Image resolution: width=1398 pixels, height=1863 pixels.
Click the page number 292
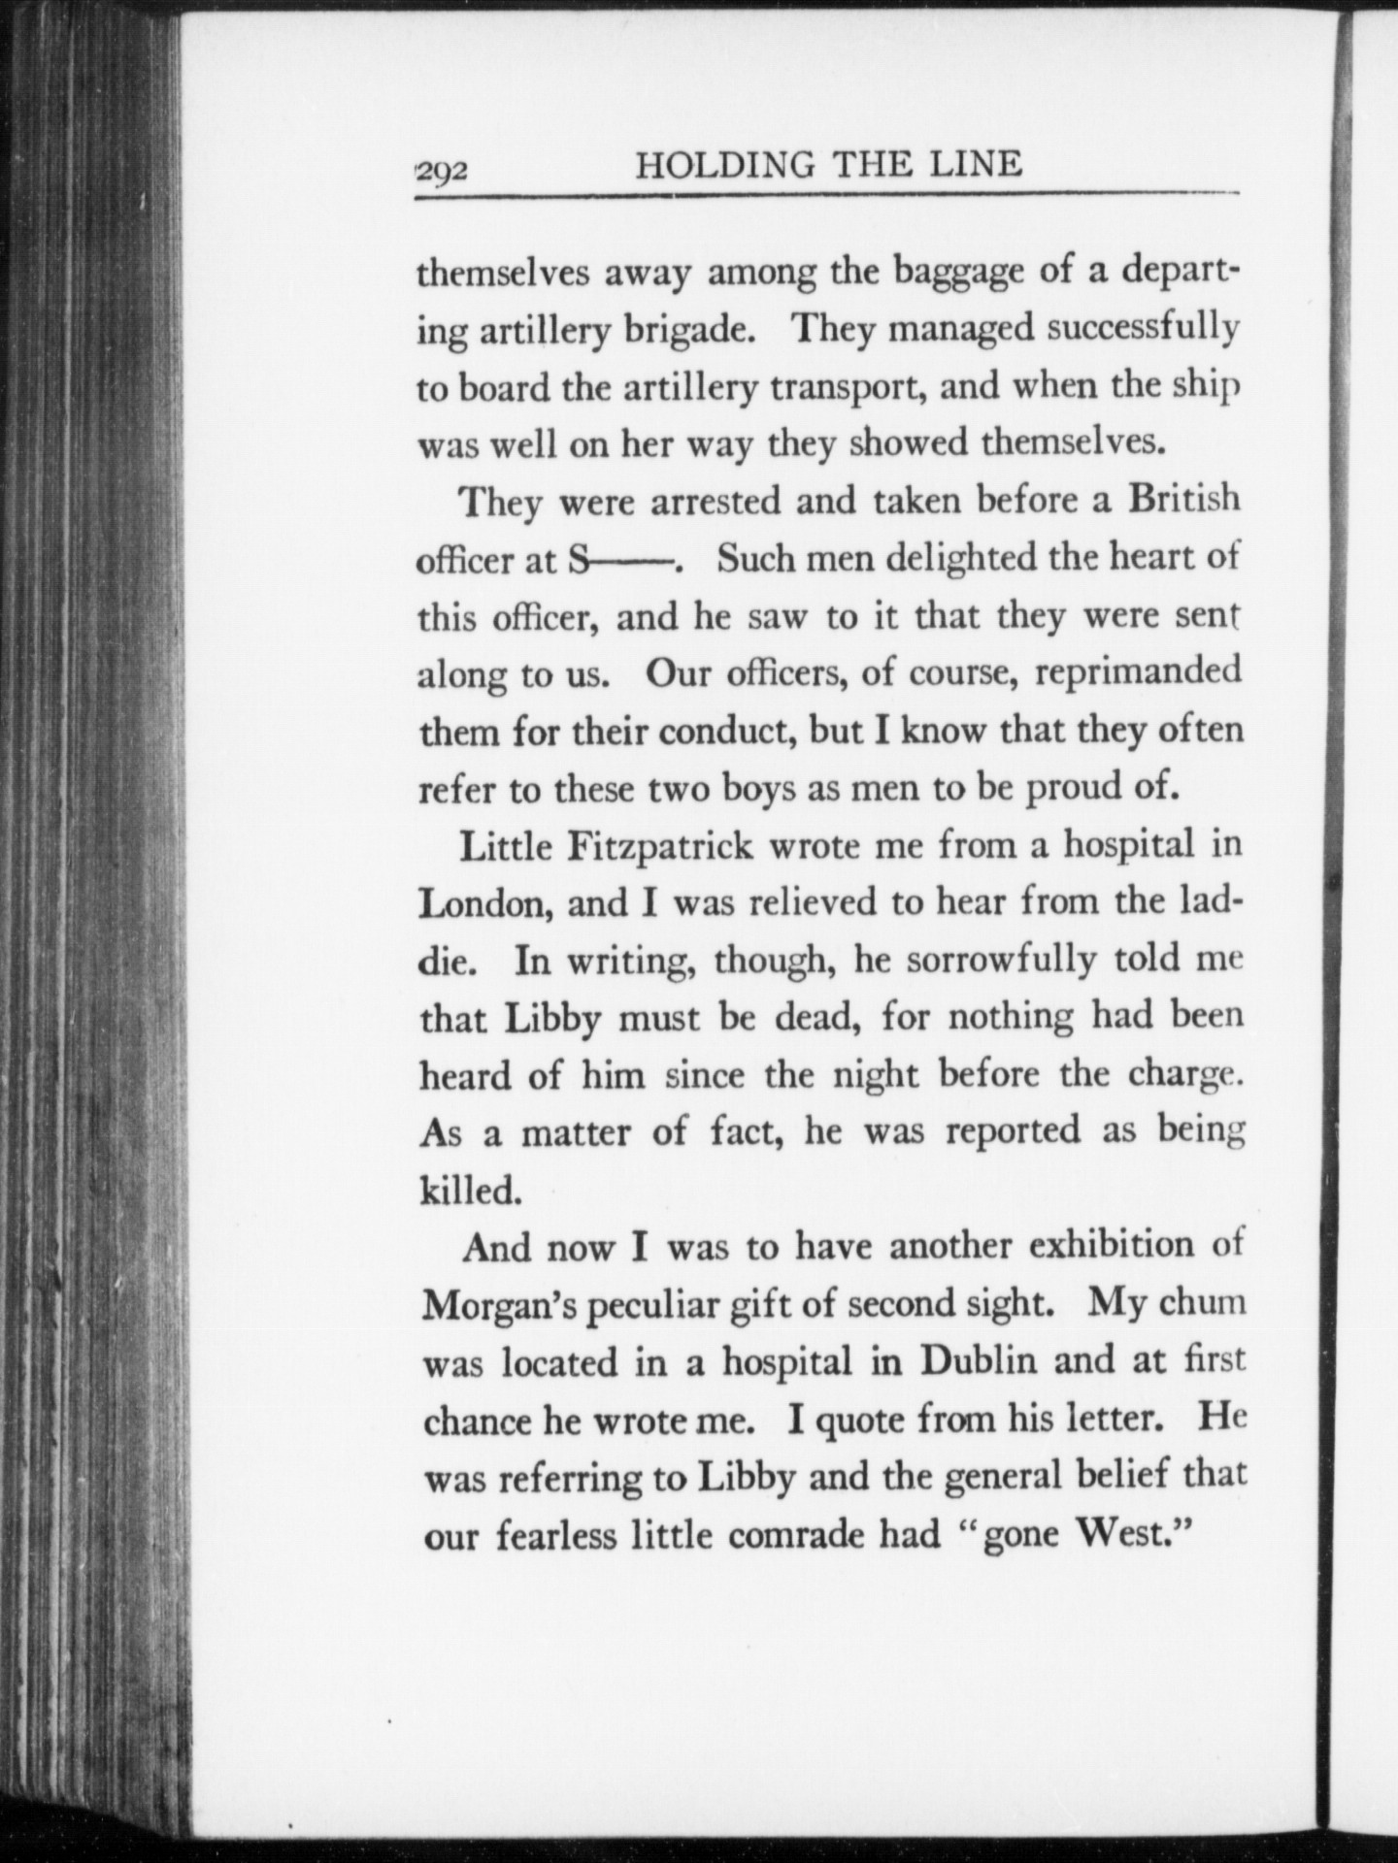click(x=443, y=172)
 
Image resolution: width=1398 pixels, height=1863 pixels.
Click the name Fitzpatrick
click(x=660, y=846)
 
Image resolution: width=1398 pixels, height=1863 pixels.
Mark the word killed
click(x=471, y=1191)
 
